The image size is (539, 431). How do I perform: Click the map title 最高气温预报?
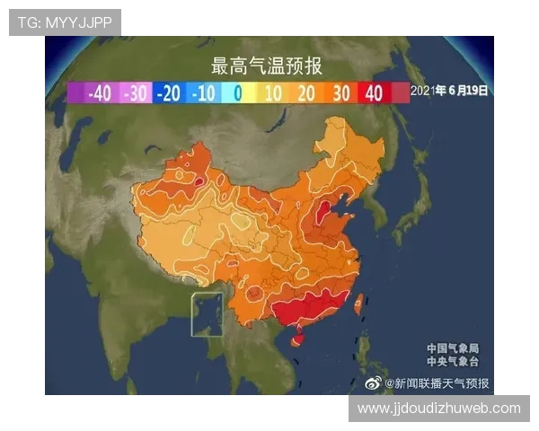tap(266, 66)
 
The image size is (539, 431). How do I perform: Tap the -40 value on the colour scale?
tap(100, 92)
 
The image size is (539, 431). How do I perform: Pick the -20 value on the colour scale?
tap(169, 92)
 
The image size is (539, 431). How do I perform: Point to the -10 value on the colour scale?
tap(203, 92)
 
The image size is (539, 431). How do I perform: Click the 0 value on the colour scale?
tap(237, 92)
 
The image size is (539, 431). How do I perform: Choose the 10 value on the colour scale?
tap(272, 92)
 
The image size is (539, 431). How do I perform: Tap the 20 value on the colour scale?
tap(305, 92)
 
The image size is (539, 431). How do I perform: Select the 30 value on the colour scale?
tap(340, 92)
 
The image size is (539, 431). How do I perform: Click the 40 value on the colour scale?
tap(374, 92)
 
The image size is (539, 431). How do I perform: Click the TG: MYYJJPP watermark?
tap(65, 22)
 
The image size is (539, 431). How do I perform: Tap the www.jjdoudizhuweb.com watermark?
tap(438, 409)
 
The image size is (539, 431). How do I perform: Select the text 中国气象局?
tap(453, 347)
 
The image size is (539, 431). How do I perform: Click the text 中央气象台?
tap(453, 361)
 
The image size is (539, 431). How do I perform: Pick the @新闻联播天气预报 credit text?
tap(437, 383)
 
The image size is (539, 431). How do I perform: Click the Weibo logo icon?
tap(373, 383)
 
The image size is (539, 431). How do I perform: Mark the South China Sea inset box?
tap(208, 314)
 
